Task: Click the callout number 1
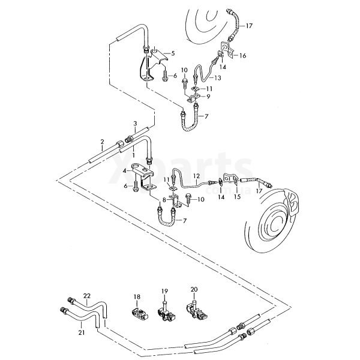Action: (134, 155)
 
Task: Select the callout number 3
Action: (135, 124)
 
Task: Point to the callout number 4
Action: (125, 171)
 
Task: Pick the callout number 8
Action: (164, 200)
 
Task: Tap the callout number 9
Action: (208, 96)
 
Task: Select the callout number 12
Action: (196, 176)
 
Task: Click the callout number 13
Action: (218, 78)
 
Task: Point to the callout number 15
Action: (237, 196)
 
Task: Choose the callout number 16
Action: (243, 55)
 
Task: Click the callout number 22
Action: (87, 296)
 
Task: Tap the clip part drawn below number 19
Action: (165, 313)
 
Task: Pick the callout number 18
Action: (137, 296)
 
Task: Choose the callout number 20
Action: (194, 289)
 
